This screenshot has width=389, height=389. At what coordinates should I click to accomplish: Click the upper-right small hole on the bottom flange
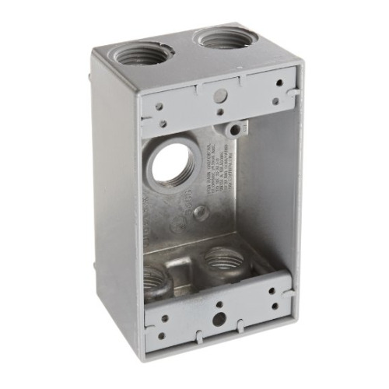click(275, 291)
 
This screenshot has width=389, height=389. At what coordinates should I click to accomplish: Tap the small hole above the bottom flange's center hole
click(220, 304)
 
